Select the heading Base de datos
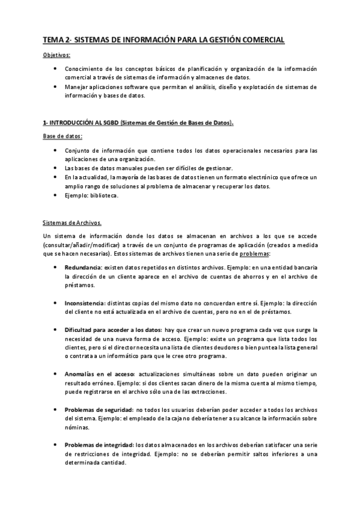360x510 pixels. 63,137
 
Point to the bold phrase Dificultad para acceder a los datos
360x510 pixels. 112,330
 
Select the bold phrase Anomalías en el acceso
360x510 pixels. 100,373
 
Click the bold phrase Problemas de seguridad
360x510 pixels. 99,410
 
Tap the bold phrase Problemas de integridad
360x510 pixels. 99,445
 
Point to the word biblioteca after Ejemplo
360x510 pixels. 105,195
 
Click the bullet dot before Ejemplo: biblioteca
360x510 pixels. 55,195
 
